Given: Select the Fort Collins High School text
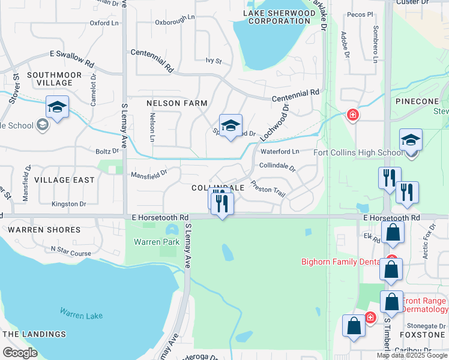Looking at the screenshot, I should click(358, 152).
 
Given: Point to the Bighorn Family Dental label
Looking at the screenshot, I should click(340, 262).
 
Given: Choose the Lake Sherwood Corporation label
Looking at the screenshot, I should click(279, 17).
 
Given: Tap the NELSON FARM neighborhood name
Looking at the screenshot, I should click(176, 103).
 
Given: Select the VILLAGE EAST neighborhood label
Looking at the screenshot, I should click(64, 180).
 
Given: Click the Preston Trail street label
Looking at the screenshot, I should click(268, 190).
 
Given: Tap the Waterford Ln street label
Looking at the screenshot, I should click(279, 152).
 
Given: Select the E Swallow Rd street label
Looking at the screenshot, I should click(72, 58).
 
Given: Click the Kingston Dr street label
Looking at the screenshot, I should click(68, 204).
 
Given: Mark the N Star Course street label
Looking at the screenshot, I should click(71, 251).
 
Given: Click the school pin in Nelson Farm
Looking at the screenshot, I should click(231, 126).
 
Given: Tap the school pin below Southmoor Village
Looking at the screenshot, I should click(57, 107).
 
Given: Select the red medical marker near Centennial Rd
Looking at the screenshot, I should click(352, 115).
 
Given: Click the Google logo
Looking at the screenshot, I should click(20, 353).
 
